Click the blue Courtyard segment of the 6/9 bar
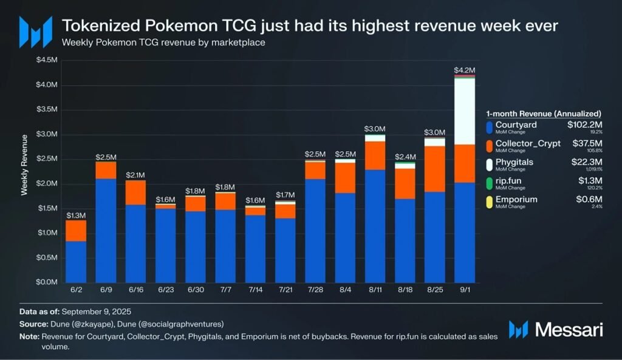[106, 231]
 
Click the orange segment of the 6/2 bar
[76, 231]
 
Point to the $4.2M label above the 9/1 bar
[465, 70]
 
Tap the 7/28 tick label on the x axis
[315, 290]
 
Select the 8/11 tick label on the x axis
[375, 290]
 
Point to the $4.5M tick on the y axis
[48, 59]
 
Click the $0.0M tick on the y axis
[48, 282]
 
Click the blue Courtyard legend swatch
[490, 127]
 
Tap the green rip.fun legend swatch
[490, 182]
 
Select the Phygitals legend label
[514, 161]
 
